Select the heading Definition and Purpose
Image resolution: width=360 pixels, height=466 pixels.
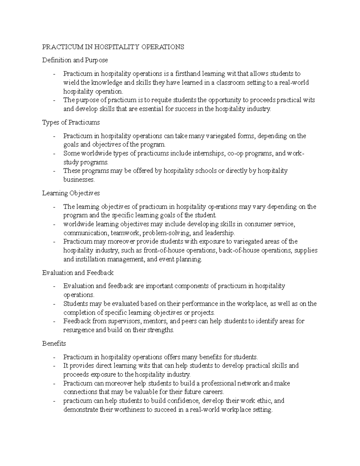(75, 60)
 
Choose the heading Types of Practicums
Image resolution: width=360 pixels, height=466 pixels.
(71, 123)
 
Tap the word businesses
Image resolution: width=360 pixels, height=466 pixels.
(79, 180)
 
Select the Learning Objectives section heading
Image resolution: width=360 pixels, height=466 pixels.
(71, 193)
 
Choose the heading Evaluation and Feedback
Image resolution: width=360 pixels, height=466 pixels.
(78, 273)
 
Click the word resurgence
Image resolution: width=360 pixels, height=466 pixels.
(79, 330)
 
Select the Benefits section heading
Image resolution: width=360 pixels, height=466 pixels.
(54, 344)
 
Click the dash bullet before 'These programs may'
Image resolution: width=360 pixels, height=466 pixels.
(54, 171)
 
